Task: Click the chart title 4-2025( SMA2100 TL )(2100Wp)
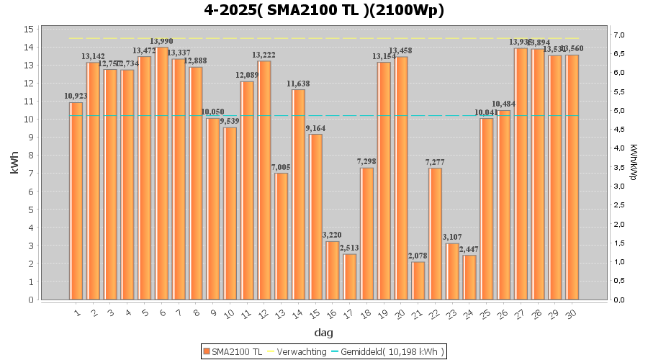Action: click(324, 10)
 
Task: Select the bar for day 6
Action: click(162, 173)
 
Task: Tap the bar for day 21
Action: click(418, 280)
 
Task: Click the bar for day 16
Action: click(332, 270)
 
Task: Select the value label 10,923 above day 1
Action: click(76, 96)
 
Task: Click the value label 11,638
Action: click(298, 84)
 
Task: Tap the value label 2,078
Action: click(418, 256)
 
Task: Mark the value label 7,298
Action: click(366, 161)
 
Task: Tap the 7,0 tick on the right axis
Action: click(619, 35)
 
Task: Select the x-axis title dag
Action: click(324, 333)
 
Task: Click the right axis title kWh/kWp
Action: click(634, 161)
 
